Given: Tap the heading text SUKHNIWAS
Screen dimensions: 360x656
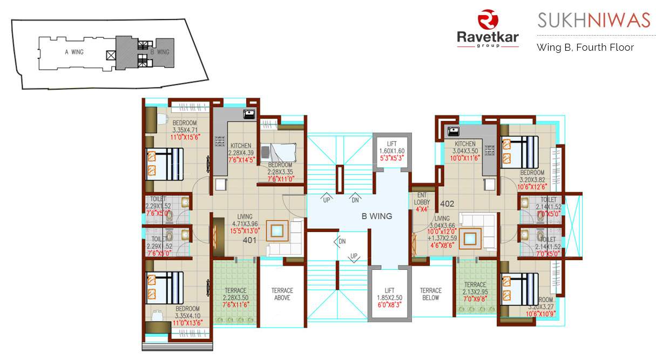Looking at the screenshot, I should pyautogui.click(x=594, y=21).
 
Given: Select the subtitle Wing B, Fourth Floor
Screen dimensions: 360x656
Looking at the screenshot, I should pyautogui.click(x=585, y=47).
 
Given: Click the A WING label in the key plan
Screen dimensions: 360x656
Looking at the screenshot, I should pyautogui.click(x=73, y=52).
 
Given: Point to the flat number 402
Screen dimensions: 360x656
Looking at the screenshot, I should pyautogui.click(x=447, y=204).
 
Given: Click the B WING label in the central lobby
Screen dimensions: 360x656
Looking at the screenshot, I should pyautogui.click(x=377, y=216).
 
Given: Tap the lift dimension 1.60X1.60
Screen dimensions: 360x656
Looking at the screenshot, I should pyautogui.click(x=391, y=151).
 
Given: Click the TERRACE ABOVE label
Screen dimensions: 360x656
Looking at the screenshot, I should pyautogui.click(x=282, y=294).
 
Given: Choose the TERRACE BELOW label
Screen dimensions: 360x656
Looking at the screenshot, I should pyautogui.click(x=431, y=294).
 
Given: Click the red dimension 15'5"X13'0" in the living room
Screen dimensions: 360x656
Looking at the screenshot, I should pyautogui.click(x=245, y=230).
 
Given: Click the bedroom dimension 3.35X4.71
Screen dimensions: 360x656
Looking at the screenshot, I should pyautogui.click(x=185, y=130).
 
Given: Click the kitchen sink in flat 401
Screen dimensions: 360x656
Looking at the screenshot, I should pyautogui.click(x=249, y=114).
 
